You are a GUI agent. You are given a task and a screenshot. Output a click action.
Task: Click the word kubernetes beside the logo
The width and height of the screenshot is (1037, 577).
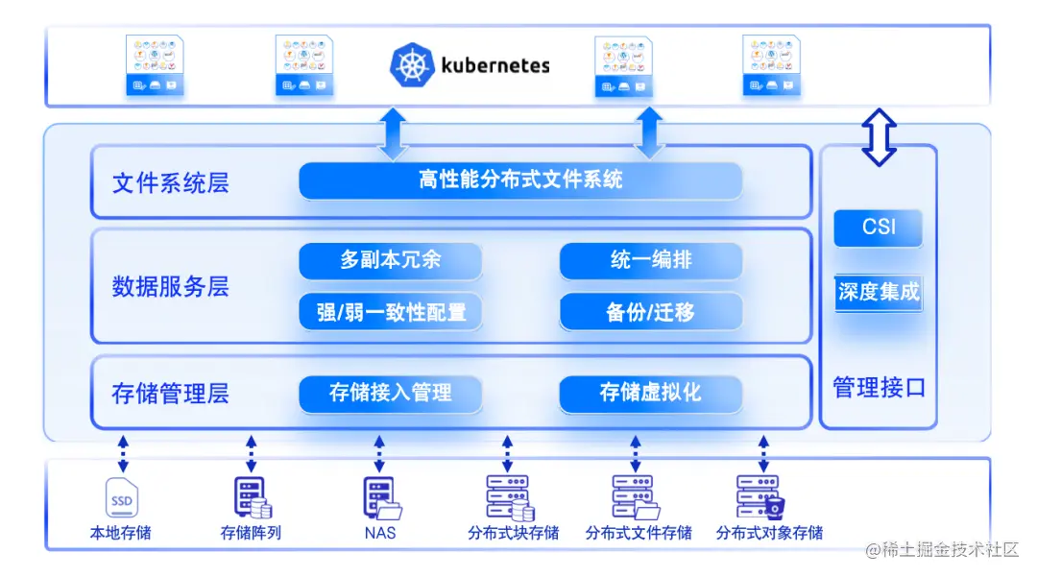click(x=495, y=65)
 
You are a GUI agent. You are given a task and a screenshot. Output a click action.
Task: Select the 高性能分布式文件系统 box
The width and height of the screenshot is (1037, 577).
click(x=520, y=180)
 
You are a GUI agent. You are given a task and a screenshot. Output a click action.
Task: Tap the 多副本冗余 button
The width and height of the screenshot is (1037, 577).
click(x=390, y=260)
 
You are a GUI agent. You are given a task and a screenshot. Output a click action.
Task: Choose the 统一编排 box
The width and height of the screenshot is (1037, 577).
click(x=650, y=260)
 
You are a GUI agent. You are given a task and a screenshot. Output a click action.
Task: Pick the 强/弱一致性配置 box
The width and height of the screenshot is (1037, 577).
click(x=390, y=312)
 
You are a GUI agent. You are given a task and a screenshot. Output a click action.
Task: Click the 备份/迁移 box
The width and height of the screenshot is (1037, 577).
click(x=650, y=312)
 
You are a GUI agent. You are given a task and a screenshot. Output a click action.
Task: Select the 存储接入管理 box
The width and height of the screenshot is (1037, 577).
click(x=390, y=393)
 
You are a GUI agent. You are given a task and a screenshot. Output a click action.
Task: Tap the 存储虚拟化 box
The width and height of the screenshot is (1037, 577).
click(x=650, y=393)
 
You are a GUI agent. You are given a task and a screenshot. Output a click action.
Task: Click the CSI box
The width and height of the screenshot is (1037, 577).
click(x=878, y=228)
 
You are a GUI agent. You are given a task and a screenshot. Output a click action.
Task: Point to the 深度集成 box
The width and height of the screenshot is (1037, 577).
click(x=878, y=292)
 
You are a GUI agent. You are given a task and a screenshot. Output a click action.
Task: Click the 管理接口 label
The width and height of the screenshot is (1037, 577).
click(x=878, y=388)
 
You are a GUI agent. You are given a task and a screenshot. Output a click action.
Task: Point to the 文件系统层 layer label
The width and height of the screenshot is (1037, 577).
click(x=171, y=183)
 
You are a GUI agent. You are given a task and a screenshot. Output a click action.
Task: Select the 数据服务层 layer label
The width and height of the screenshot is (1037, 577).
click(x=171, y=287)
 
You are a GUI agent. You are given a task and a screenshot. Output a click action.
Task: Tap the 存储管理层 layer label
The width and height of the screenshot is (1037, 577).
click(x=171, y=394)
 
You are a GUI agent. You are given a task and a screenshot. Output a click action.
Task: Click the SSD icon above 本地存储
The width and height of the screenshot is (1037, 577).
click(x=121, y=498)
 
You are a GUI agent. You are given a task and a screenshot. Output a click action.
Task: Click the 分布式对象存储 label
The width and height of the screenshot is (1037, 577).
click(x=769, y=533)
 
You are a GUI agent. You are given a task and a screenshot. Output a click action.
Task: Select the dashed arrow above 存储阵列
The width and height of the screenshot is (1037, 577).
click(x=252, y=451)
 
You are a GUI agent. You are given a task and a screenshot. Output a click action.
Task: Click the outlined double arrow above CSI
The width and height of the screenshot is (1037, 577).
click(x=879, y=135)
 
